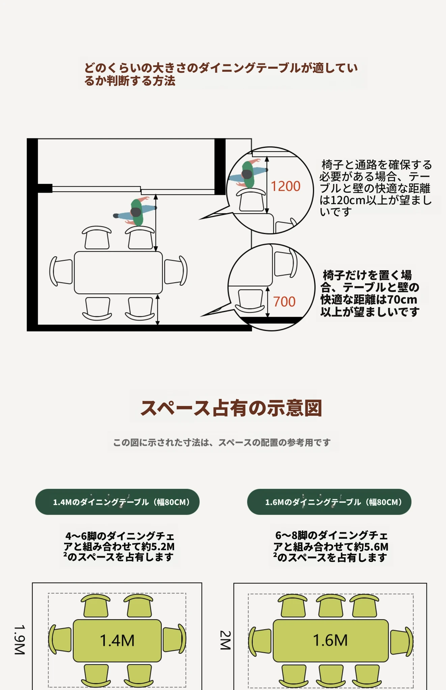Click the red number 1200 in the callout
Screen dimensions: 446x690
click(x=285, y=186)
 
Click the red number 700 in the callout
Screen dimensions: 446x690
click(x=284, y=302)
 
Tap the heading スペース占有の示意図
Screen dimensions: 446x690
click(x=231, y=408)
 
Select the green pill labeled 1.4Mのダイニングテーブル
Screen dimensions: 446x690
click(x=117, y=502)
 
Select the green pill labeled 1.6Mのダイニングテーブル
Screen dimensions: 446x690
click(x=329, y=502)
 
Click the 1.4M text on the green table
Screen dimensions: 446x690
click(x=117, y=640)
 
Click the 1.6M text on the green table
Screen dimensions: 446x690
click(x=330, y=640)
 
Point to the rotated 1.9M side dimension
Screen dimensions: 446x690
click(x=20, y=640)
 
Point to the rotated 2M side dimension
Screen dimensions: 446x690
click(x=225, y=640)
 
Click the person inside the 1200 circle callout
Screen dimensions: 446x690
click(x=248, y=174)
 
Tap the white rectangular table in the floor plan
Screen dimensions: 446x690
click(x=118, y=273)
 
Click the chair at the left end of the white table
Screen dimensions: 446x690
click(x=61, y=271)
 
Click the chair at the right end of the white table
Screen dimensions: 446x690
click(x=175, y=271)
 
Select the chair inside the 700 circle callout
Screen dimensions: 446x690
click(x=250, y=301)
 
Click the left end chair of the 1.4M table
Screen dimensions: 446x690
click(x=60, y=640)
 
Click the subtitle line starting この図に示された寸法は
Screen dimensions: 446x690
click(x=222, y=442)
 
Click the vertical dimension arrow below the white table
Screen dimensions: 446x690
click(x=158, y=310)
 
